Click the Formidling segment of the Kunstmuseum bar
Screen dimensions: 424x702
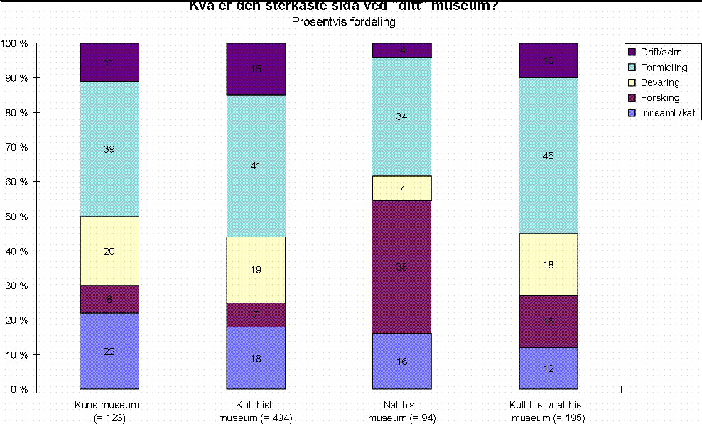coord(109,149)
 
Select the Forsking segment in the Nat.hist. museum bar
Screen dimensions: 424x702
coord(402,267)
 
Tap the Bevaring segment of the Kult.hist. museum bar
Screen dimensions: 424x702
coord(256,270)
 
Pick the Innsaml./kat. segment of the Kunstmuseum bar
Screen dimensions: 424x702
coord(109,352)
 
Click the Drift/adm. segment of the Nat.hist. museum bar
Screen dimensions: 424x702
coord(402,50)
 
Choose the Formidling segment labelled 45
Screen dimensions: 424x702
coord(548,156)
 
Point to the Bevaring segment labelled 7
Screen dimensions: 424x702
coord(402,188)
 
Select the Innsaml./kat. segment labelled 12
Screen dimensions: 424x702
coord(548,369)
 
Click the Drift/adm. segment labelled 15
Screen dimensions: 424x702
coord(256,69)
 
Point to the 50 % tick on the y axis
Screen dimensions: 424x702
coord(15,216)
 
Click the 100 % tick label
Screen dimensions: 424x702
coord(13,43)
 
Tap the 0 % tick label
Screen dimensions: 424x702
coord(18,389)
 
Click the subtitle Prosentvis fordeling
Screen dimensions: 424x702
coord(343,21)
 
